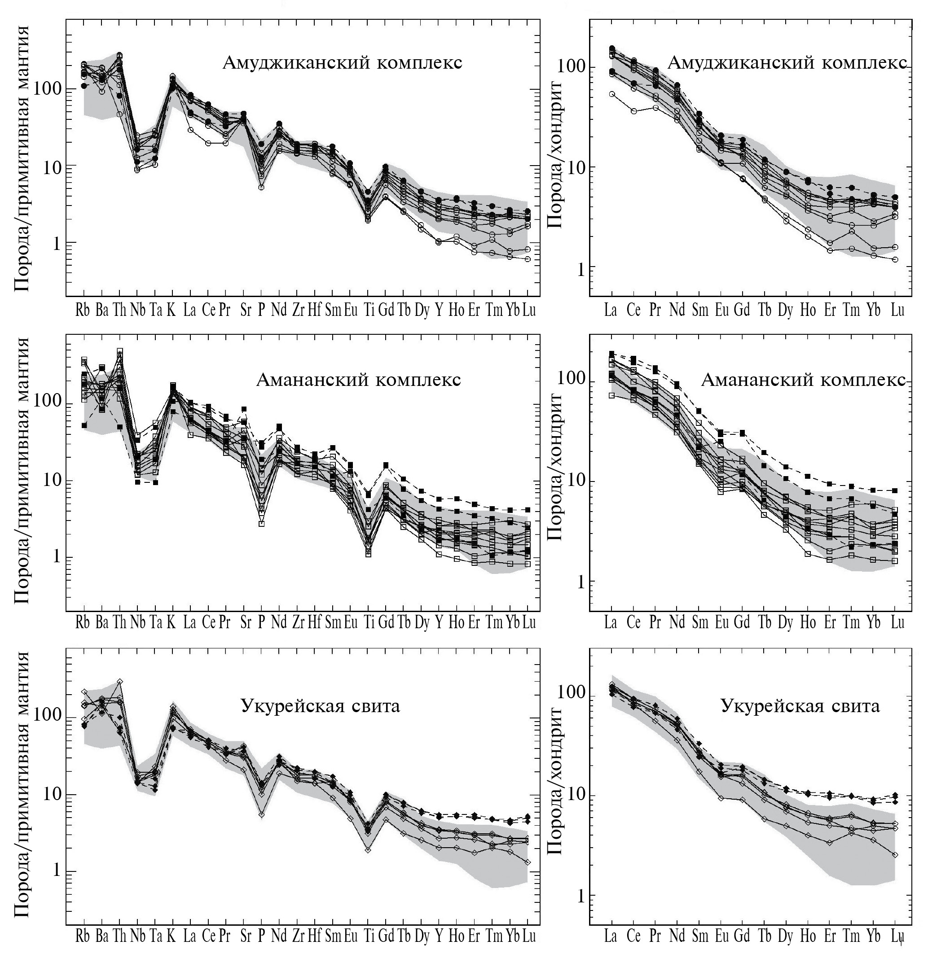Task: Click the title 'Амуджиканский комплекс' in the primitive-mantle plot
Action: click(342, 63)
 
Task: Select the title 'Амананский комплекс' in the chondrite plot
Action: click(803, 380)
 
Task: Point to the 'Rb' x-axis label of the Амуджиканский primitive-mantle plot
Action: click(83, 311)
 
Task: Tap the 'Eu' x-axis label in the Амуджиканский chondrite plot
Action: click(721, 311)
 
